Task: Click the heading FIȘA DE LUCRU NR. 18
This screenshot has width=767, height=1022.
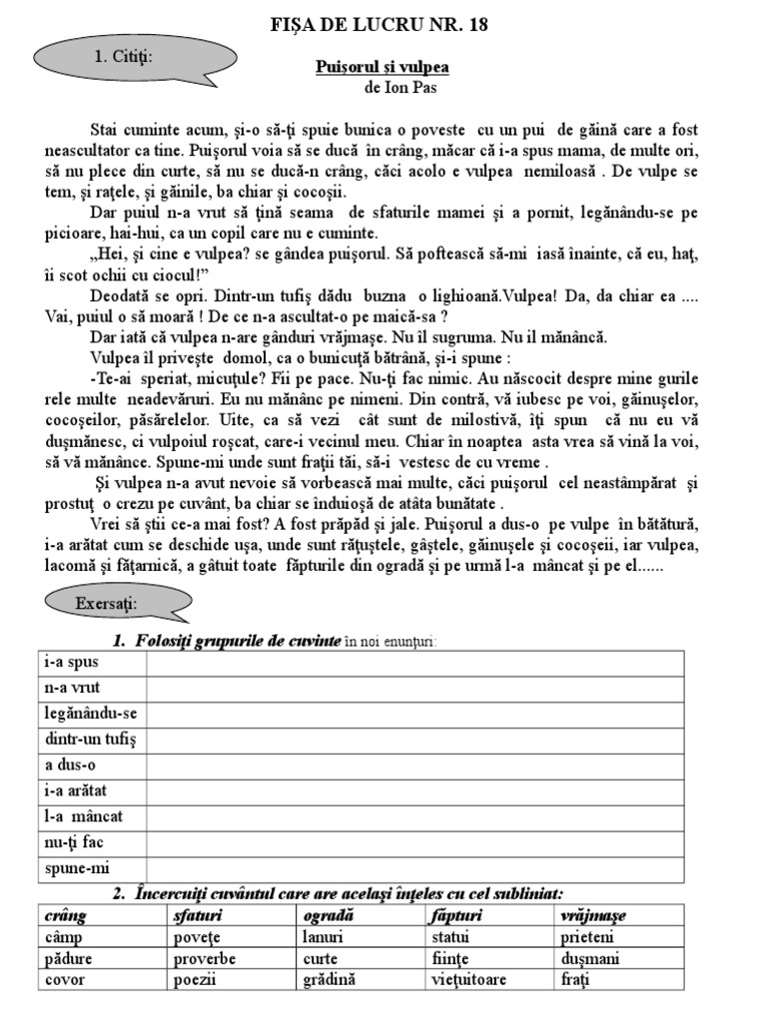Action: coord(380,25)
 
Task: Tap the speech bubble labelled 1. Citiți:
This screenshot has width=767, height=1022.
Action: coord(124,57)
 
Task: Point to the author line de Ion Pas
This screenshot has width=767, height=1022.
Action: coord(401,87)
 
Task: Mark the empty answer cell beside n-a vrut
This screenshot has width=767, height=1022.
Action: coord(414,688)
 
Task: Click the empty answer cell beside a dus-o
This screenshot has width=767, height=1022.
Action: coord(414,766)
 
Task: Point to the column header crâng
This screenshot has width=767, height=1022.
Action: coord(66,915)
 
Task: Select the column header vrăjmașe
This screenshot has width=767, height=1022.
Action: coord(593,915)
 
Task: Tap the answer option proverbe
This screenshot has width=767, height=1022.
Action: coord(205,958)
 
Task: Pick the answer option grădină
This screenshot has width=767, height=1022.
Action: coord(328,979)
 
